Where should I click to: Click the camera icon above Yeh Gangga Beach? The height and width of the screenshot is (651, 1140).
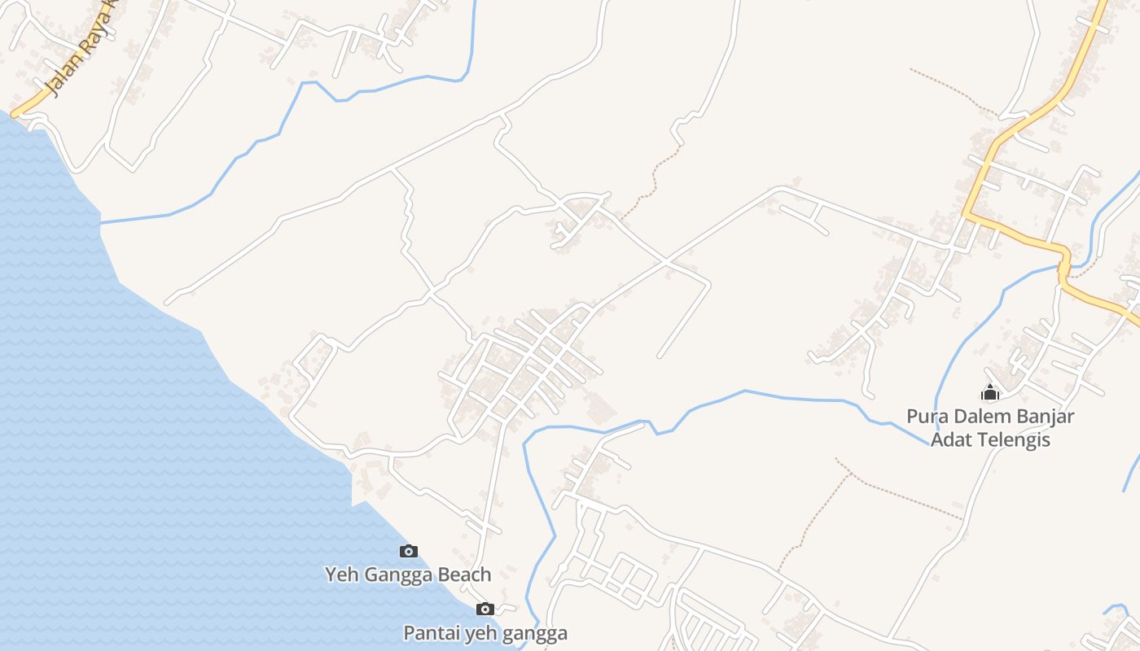pyautogui.click(x=409, y=552)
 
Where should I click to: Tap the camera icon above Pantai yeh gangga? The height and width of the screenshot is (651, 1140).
pyautogui.click(x=485, y=609)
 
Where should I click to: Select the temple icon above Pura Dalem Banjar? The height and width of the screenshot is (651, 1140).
pyautogui.click(x=990, y=394)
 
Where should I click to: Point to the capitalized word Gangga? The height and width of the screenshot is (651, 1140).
pyautogui.click(x=394, y=575)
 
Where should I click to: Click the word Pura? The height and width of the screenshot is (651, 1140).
pyautogui.click(x=927, y=417)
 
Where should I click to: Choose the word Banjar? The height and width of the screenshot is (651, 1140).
pyautogui.click(x=1045, y=417)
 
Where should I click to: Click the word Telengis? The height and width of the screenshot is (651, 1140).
pyautogui.click(x=1012, y=440)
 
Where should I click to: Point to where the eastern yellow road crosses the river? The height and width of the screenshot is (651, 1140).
pyautogui.click(x=1063, y=266)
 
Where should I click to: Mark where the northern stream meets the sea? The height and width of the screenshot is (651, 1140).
pyautogui.click(x=101, y=222)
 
